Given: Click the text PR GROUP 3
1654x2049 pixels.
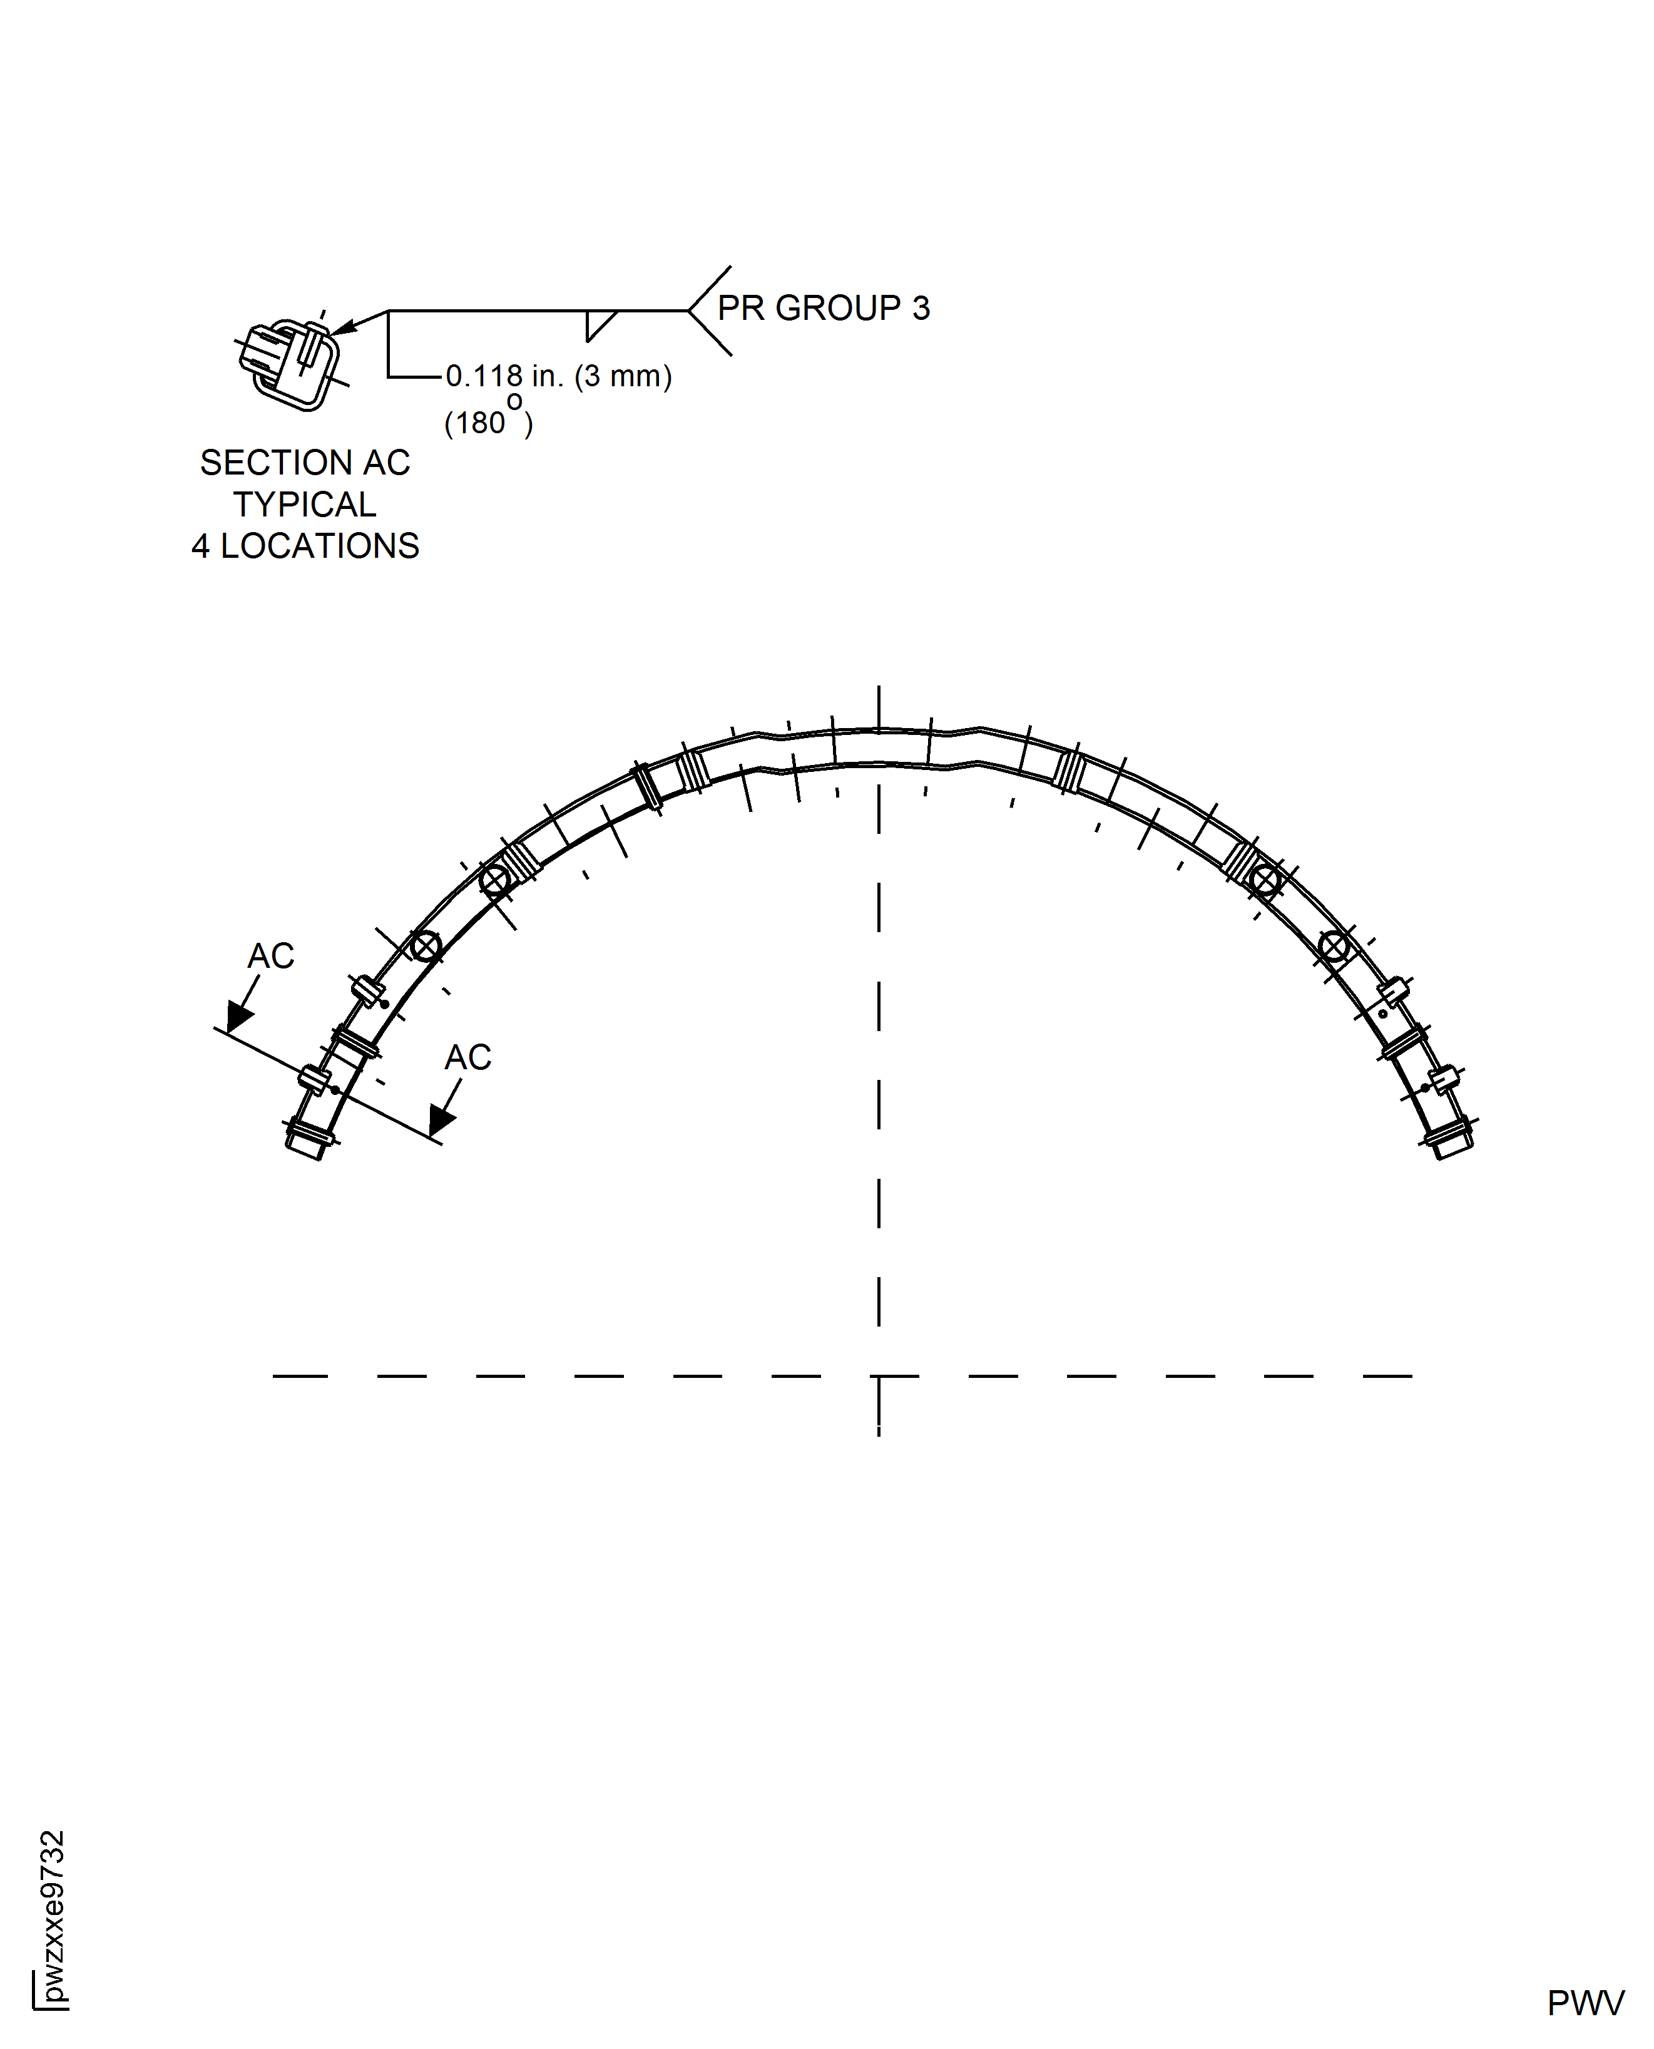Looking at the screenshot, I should pos(823,309).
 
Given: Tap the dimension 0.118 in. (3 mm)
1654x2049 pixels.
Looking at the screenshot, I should pos(559,376).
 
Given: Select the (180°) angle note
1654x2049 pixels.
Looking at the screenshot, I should pos(488,421).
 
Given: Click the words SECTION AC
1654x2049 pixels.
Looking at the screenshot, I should pos(305,463).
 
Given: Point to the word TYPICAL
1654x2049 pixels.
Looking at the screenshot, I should pos(305,504).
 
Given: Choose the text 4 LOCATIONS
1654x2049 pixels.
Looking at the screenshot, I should pos(305,546).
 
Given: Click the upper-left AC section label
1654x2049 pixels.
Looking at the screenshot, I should pos(270,956).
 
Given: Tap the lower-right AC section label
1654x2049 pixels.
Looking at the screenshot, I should pos(468,1057).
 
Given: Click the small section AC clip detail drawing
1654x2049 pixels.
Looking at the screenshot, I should pos(288,362).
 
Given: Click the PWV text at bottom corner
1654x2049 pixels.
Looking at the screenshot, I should pos(1585,2004).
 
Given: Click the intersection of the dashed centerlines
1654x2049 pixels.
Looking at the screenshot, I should pos(879,1376).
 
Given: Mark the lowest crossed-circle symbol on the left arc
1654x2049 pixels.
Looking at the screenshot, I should pos(425,947).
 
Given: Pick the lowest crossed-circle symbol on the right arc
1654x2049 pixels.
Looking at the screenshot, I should pos(1334,947).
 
